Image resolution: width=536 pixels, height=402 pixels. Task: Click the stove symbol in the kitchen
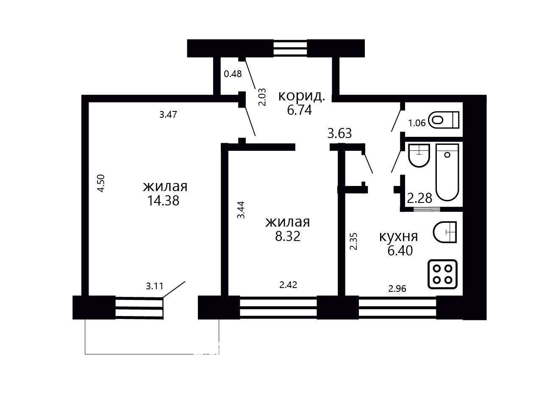(x=442, y=274)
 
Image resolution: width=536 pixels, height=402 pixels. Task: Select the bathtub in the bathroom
(x=447, y=172)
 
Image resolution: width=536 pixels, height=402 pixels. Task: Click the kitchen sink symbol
(x=444, y=232)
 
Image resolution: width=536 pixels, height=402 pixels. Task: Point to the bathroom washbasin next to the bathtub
(x=419, y=155)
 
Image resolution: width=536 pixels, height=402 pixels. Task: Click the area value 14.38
(x=164, y=201)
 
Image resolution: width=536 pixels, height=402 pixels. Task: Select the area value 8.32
(x=288, y=236)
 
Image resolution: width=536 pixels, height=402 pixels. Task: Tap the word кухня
(x=399, y=236)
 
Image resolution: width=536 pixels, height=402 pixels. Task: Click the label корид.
(x=302, y=96)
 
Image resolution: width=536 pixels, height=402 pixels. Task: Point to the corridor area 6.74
(x=300, y=110)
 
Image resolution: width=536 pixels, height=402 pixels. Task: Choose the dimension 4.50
(x=101, y=183)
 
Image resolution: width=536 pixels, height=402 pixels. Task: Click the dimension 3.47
(x=168, y=114)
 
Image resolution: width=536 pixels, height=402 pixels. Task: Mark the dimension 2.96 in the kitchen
(x=397, y=289)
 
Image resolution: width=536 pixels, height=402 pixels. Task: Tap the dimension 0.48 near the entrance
(x=233, y=74)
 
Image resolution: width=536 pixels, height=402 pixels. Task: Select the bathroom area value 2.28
(x=420, y=198)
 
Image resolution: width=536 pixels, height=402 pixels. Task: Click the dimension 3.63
(x=339, y=133)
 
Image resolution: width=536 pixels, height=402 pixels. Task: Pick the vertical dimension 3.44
(x=241, y=210)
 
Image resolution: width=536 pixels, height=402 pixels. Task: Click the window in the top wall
(x=290, y=48)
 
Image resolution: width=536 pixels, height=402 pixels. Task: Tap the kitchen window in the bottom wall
(x=397, y=308)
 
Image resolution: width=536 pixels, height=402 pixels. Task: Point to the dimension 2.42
(x=289, y=285)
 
